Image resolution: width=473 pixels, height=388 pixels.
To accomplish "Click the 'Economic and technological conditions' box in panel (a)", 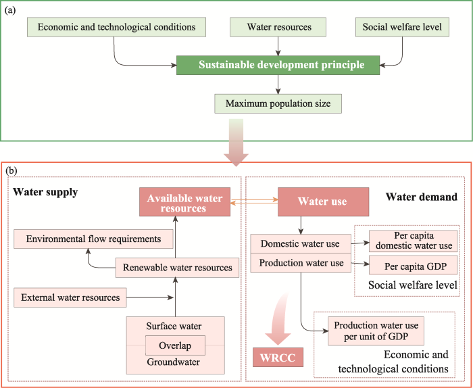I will point(116,27).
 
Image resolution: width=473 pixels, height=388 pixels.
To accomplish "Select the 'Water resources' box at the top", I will point(279,27).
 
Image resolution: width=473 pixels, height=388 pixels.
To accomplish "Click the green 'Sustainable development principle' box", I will point(280,66).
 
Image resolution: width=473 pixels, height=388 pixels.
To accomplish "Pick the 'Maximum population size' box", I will point(278,104).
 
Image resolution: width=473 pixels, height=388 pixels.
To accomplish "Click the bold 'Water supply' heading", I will point(45,193).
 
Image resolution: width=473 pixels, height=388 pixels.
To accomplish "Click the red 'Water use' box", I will point(323,201).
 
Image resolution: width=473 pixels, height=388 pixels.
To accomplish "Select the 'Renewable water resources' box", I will point(178,268).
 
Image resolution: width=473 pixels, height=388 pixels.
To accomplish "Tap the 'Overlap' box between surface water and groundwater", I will point(175,345).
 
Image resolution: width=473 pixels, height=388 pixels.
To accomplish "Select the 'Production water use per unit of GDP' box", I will point(375,331).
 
